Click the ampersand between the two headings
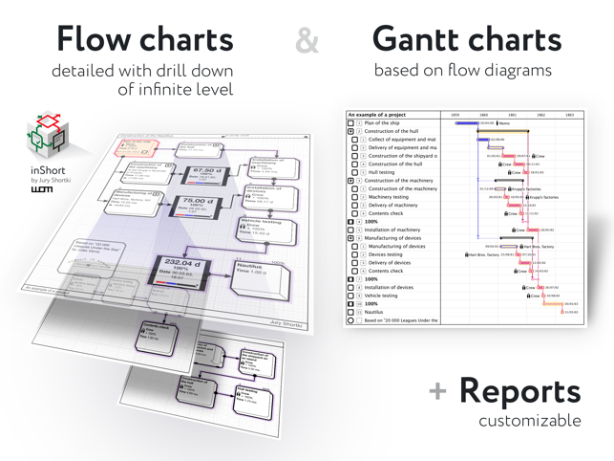(x=307, y=40)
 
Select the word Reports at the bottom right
(x=519, y=391)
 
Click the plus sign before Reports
(x=438, y=392)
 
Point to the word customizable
(x=530, y=421)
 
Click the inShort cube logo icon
(x=46, y=136)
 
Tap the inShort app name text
(x=47, y=170)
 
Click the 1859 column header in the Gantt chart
(x=455, y=115)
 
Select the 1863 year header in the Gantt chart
(x=569, y=115)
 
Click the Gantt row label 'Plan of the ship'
(x=382, y=123)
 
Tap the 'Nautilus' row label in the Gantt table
(x=373, y=313)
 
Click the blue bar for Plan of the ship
(x=466, y=123)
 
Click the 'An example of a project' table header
(x=377, y=115)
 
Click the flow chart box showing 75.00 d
(x=197, y=206)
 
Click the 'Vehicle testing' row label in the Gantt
(x=387, y=296)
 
